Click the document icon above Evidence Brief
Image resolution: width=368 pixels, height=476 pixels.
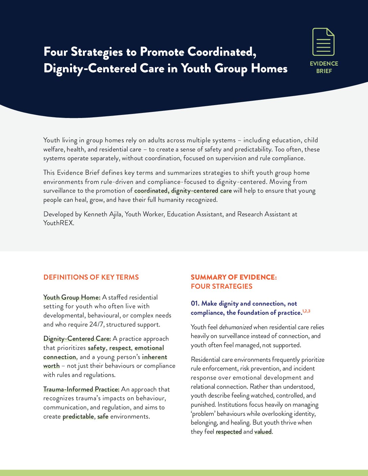click(x=323, y=42)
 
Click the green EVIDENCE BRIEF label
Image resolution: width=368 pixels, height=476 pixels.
click(x=324, y=67)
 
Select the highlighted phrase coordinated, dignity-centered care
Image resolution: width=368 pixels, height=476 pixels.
click(x=183, y=191)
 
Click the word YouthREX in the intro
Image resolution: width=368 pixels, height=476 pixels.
click(x=58, y=223)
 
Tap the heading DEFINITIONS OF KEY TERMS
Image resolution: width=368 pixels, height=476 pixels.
click(x=91, y=277)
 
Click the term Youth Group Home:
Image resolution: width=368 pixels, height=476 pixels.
click(x=72, y=297)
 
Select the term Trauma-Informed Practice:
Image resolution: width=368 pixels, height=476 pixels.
click(x=81, y=389)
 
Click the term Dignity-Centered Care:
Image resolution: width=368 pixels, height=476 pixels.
click(x=77, y=339)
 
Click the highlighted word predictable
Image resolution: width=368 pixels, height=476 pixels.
click(x=78, y=416)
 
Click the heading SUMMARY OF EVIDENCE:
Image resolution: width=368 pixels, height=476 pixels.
click(x=234, y=277)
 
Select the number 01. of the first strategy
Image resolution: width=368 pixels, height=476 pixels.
click(x=195, y=304)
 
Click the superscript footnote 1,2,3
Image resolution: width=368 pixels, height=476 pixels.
click(x=306, y=311)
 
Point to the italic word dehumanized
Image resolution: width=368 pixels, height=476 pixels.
click(x=235, y=327)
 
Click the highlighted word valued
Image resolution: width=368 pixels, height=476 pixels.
click(x=263, y=432)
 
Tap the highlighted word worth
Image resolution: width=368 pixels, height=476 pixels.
click(x=51, y=366)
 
